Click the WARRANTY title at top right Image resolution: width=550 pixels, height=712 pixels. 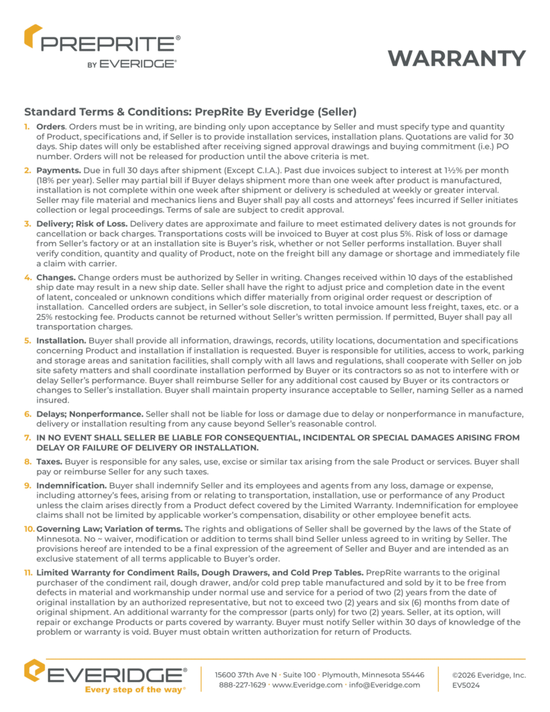456,58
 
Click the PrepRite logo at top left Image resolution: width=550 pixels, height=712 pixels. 102,47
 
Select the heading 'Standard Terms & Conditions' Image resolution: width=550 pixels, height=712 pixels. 191,111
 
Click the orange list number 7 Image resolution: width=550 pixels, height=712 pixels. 28,437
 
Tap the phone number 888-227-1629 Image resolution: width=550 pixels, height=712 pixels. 242,685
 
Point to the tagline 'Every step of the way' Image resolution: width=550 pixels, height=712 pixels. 134,690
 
